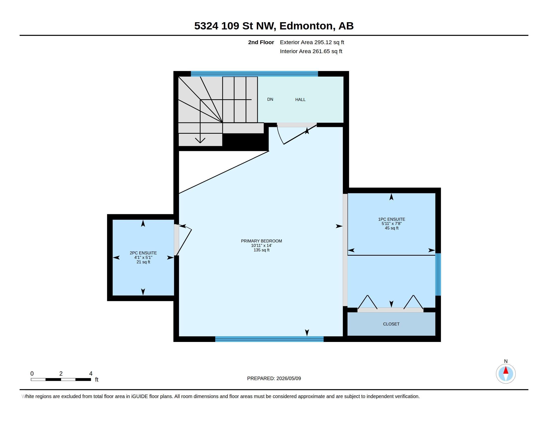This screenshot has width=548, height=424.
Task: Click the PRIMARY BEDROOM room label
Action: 262,241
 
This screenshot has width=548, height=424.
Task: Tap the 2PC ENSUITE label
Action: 143,253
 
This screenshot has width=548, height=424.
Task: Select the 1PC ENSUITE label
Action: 392,219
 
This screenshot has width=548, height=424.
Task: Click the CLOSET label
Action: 391,324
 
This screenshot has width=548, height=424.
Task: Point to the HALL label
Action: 300,100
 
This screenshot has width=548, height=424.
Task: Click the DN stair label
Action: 270,100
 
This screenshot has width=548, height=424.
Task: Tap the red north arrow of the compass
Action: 506,370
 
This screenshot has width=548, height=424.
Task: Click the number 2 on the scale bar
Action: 61,374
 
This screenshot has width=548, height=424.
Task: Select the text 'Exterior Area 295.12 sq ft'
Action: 312,42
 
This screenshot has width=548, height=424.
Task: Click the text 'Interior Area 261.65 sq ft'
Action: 311,51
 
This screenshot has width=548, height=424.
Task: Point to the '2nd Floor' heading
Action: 261,42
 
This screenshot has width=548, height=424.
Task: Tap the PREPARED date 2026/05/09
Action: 288,378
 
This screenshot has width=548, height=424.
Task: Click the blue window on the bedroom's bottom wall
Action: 269,339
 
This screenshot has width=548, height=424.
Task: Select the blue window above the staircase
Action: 254,74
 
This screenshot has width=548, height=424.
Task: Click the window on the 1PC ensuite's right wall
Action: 438,274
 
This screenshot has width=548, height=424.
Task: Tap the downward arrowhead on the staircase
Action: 200,140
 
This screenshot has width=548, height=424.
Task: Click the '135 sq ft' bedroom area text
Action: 262,250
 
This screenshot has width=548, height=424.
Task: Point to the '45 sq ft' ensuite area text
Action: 392,228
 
